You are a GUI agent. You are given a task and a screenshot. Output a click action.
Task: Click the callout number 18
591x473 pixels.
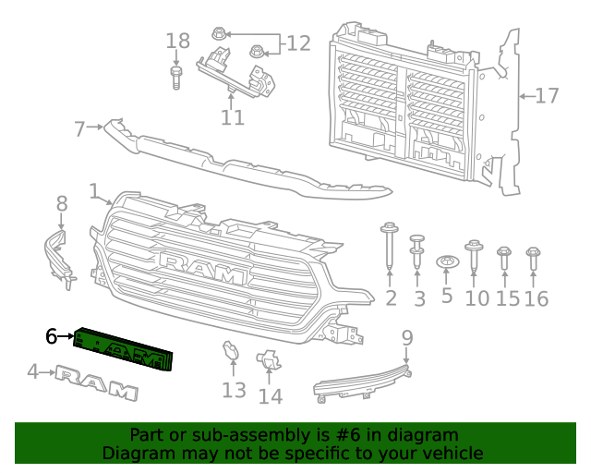[x=177, y=41]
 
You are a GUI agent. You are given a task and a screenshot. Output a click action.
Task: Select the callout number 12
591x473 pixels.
[x=298, y=42]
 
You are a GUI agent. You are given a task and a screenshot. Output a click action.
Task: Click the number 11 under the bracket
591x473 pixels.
[x=233, y=117]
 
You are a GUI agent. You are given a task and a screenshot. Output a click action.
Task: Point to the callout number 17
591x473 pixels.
[x=547, y=95]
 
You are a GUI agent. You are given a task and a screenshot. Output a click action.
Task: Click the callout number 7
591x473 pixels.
[x=79, y=128]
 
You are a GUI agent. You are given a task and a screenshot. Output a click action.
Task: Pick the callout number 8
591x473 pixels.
[x=62, y=203]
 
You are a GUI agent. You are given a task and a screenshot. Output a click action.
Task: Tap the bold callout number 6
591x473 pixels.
[x=52, y=337]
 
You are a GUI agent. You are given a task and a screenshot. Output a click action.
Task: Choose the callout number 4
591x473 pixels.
[x=33, y=372]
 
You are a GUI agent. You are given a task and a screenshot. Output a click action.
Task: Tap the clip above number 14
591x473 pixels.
[x=268, y=362]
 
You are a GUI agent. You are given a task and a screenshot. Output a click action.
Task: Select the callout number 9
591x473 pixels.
[x=407, y=339]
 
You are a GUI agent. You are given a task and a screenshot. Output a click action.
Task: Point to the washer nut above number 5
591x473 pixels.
[x=447, y=262]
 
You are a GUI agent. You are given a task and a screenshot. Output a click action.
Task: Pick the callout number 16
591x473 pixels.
[x=536, y=298]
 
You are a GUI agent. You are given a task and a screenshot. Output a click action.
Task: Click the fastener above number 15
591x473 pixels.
[x=505, y=259]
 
